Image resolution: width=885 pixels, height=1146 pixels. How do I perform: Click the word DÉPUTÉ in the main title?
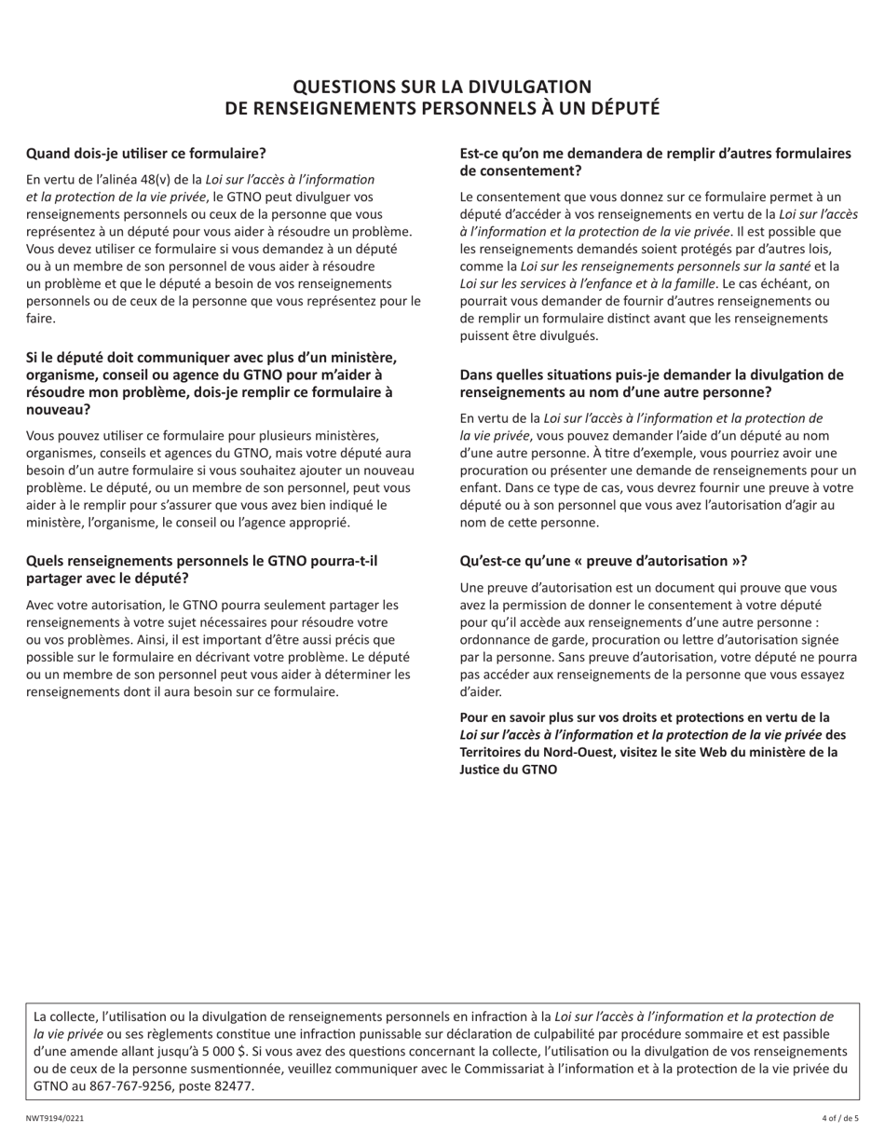(618, 109)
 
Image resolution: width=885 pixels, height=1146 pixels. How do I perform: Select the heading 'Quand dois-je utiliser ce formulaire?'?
(146, 153)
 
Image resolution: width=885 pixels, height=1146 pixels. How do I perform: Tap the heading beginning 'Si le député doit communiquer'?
(211, 383)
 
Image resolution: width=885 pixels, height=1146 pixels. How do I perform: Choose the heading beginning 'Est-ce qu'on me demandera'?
(655, 161)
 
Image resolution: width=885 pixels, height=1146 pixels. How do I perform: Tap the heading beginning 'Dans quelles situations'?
(651, 383)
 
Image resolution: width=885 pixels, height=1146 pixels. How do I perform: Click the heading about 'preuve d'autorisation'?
(603, 561)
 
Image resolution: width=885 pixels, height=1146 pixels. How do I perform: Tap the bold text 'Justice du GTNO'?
(509, 770)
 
